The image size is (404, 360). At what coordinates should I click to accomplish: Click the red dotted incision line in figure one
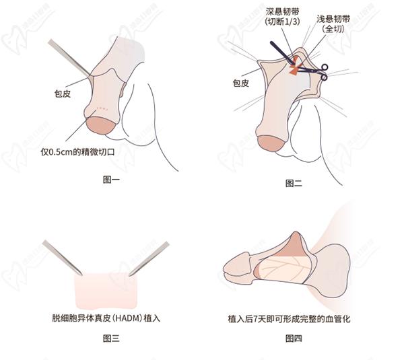point(102,109)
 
